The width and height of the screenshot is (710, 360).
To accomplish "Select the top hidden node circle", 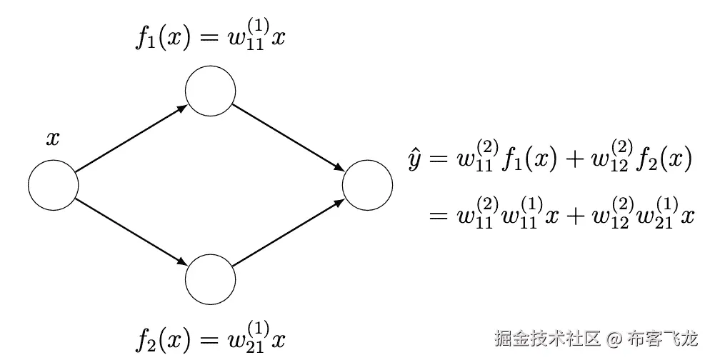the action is click(x=210, y=91).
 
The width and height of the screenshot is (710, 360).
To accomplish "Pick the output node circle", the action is click(x=367, y=186).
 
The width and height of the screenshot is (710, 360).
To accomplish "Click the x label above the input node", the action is click(x=53, y=139).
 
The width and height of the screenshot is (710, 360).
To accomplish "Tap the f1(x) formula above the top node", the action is click(x=210, y=36).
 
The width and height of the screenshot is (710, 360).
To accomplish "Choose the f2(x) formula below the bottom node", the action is click(x=210, y=336).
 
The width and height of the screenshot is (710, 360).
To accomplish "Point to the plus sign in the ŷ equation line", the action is click(x=572, y=161).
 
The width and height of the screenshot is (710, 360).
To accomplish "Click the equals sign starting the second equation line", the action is click(x=437, y=216).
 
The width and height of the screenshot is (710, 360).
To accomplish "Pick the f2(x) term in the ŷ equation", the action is click(x=664, y=161).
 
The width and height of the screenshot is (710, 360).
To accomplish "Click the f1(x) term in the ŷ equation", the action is click(x=528, y=161).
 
